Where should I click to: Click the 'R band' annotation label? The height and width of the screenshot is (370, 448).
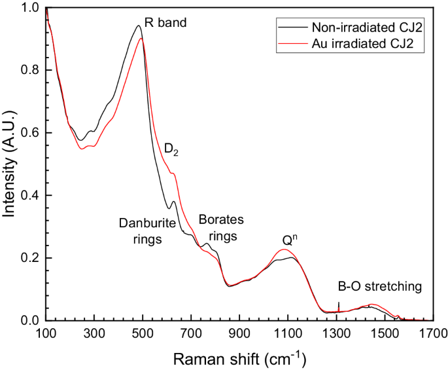165,23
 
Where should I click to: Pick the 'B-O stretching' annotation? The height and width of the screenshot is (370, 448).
379,286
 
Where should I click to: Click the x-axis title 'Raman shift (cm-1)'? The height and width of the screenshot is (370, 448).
239,359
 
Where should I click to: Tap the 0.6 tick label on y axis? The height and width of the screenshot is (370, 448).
30,133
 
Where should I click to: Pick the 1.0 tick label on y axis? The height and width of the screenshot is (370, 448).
30,8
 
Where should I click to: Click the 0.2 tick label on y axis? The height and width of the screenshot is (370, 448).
30,258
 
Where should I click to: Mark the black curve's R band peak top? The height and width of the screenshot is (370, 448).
138,26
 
